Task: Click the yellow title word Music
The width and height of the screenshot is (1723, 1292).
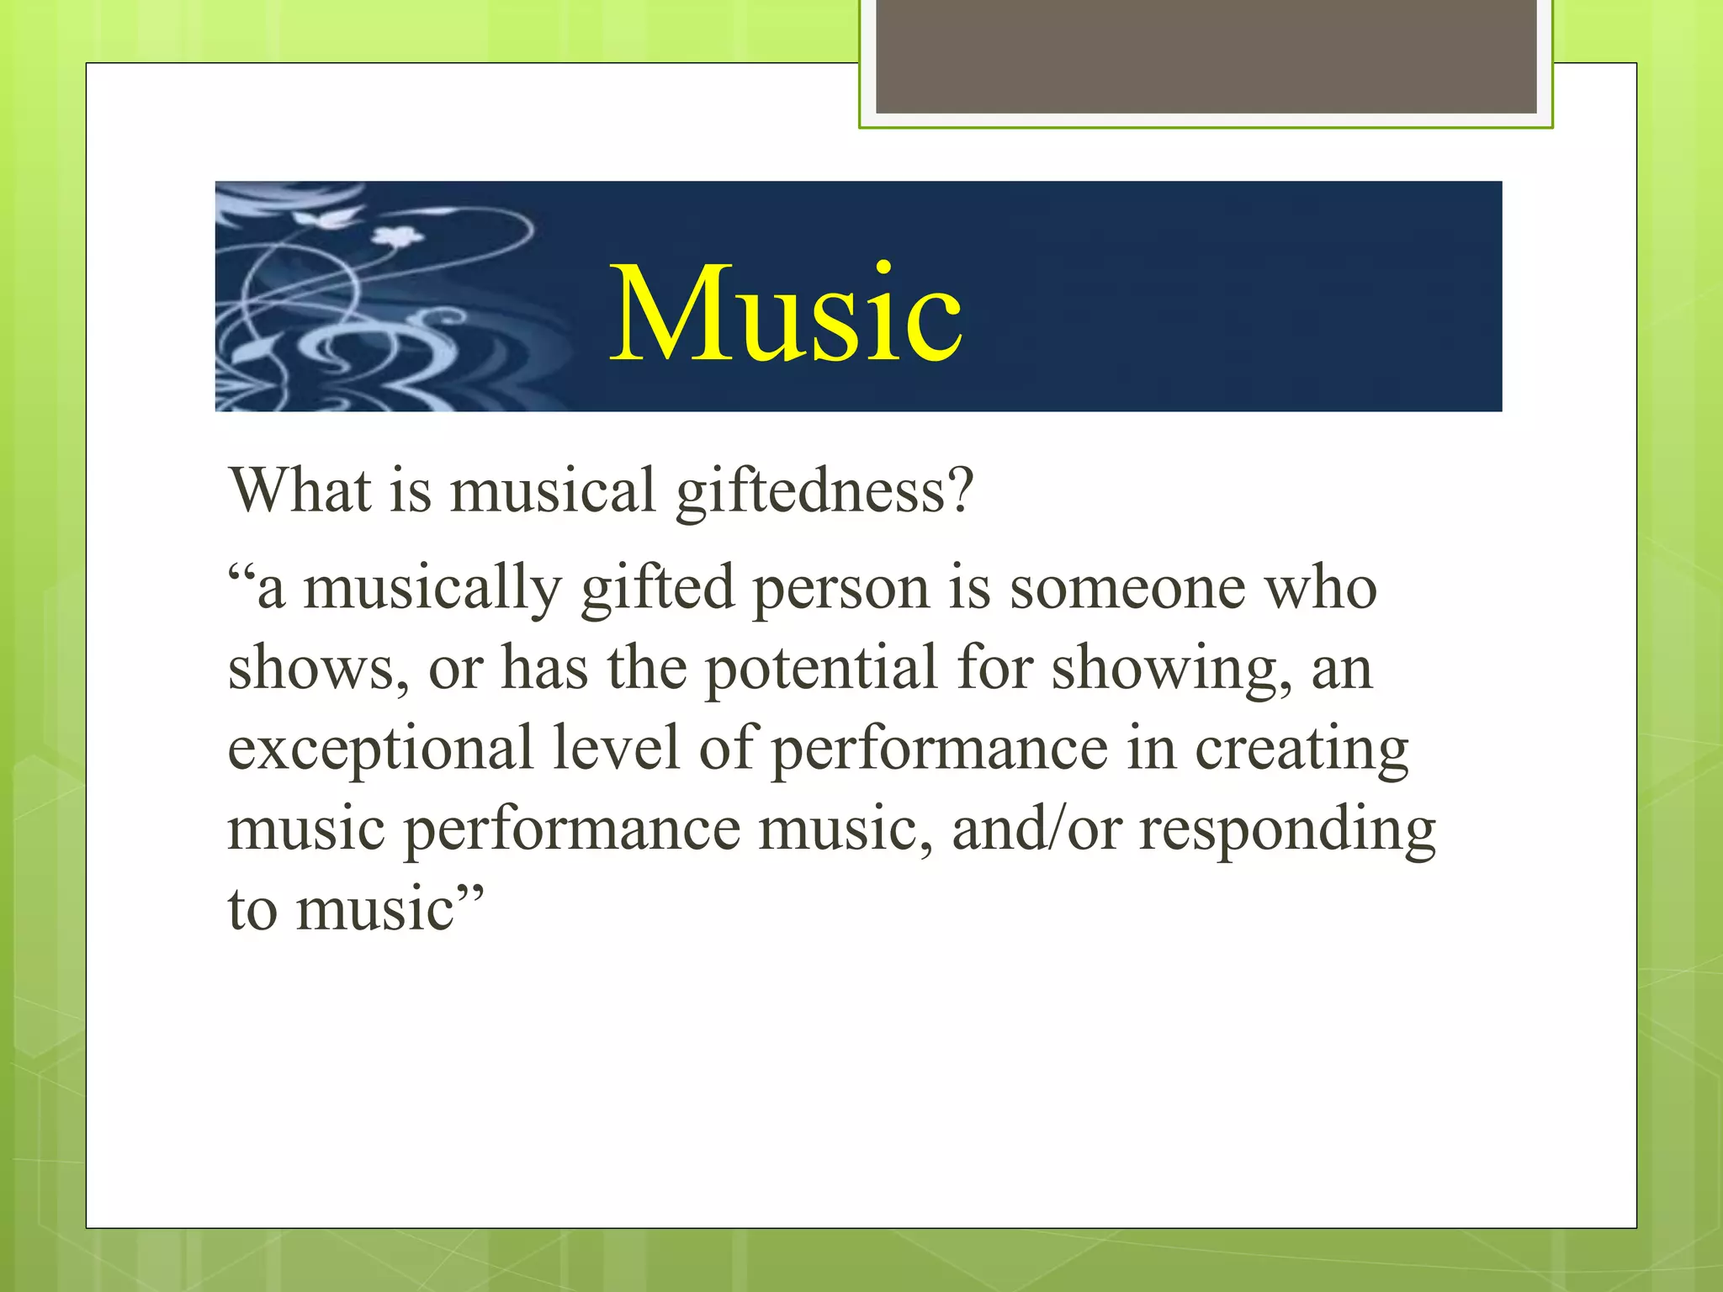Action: pos(786,313)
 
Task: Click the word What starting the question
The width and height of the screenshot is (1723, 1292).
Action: pos(300,490)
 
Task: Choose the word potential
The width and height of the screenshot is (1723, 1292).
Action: pos(821,669)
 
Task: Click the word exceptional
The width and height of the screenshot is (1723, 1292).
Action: pos(380,749)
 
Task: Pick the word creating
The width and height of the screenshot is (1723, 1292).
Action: pos(1302,749)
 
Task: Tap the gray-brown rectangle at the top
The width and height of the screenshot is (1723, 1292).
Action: pos(1206,56)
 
